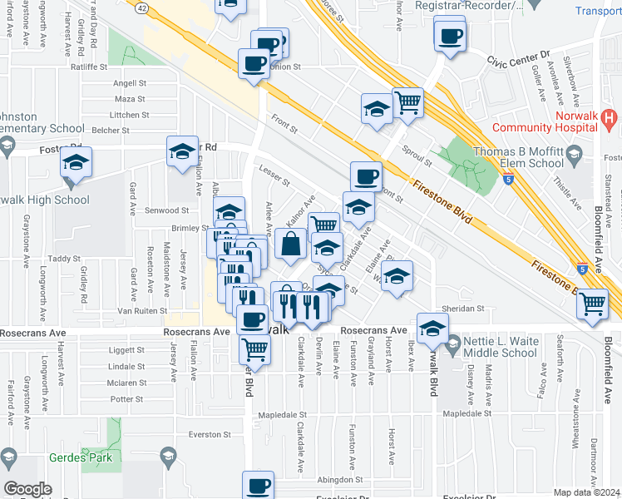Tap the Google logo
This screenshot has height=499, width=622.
(27, 489)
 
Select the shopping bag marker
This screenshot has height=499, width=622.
(291, 245)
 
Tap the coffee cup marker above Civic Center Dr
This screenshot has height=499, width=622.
(451, 37)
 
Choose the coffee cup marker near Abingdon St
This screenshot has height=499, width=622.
(258, 485)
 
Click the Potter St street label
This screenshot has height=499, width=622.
(126, 399)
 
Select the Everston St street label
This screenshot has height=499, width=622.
(209, 435)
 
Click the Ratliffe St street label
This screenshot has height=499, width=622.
(91, 66)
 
